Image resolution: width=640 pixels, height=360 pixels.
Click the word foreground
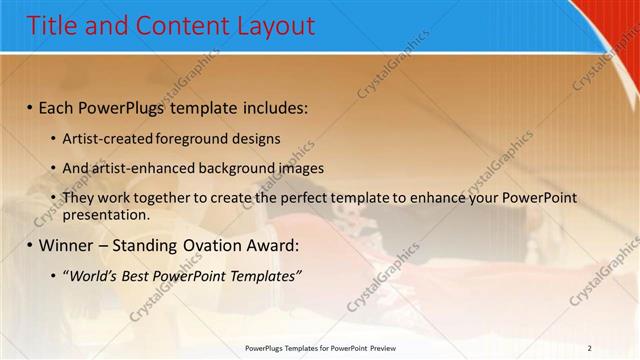pos(194,138)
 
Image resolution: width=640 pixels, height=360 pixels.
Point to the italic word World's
pos(88,275)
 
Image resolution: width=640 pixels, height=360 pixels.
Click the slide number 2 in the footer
pos(590,348)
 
